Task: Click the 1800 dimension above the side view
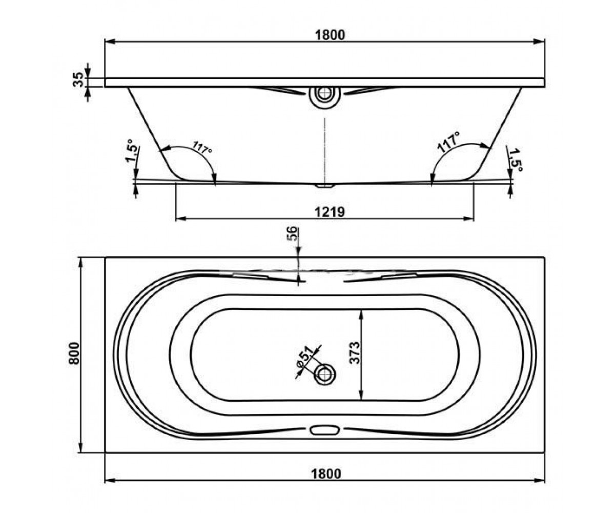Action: (330, 35)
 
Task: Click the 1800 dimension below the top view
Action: (326, 475)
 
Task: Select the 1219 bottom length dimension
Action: (330, 212)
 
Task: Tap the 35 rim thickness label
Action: (78, 80)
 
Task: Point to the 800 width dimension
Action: (74, 353)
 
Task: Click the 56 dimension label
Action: (292, 234)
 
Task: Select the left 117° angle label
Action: (202, 147)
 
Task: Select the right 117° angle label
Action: (448, 143)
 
